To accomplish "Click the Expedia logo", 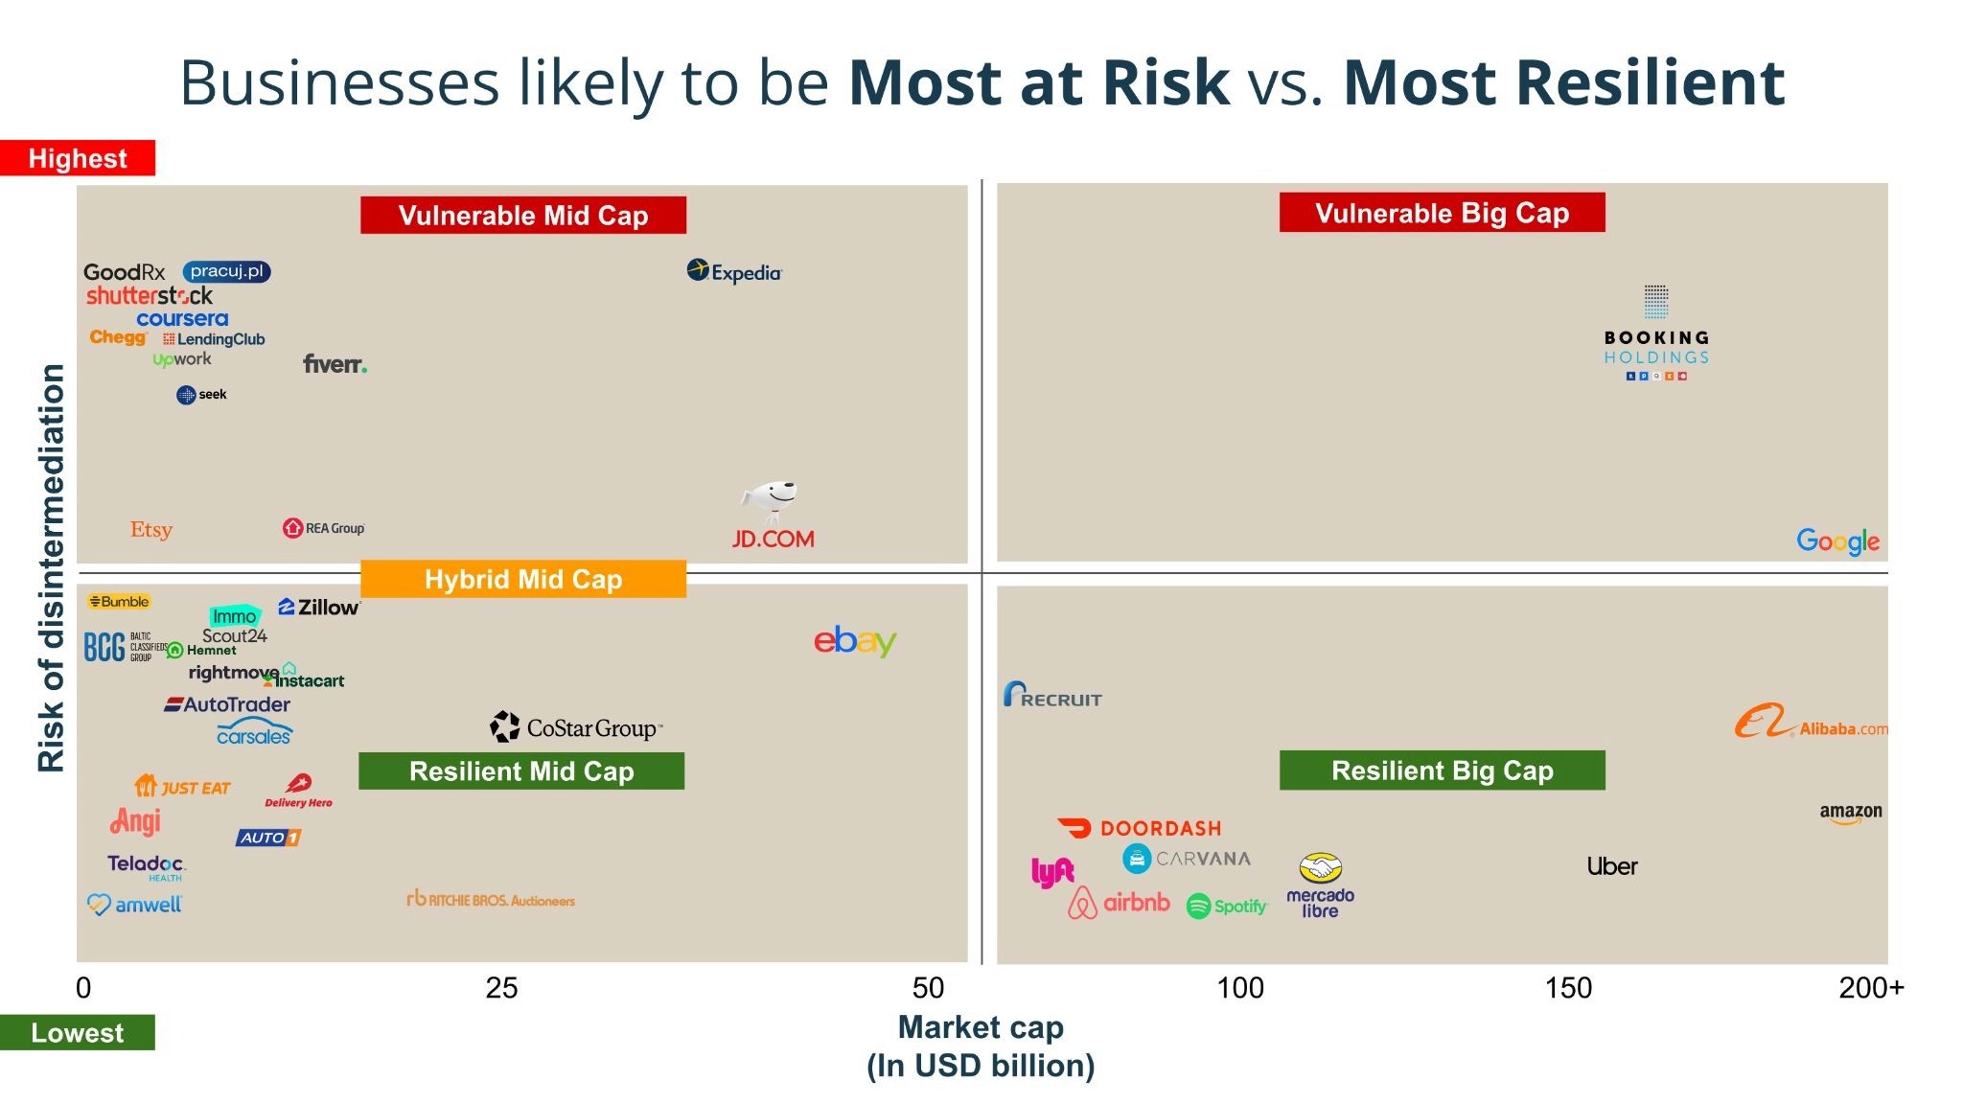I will [734, 272].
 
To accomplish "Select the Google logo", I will [1837, 541].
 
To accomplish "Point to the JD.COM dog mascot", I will [771, 499].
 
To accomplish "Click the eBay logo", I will [855, 641].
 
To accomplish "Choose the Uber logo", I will [1612, 866].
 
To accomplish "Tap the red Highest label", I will [78, 158].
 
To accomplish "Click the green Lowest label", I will [78, 1032].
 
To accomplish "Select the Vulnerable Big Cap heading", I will [1442, 213].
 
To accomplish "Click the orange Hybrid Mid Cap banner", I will [523, 579].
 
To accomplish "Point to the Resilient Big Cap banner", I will [1442, 770].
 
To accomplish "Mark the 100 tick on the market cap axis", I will [1240, 987].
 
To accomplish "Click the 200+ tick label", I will [1871, 987].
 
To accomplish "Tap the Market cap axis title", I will [981, 1027].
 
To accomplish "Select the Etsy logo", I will [151, 529].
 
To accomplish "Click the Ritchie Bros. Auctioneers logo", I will [491, 900].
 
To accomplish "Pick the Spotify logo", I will [1227, 906].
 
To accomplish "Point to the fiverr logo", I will [335, 364].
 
